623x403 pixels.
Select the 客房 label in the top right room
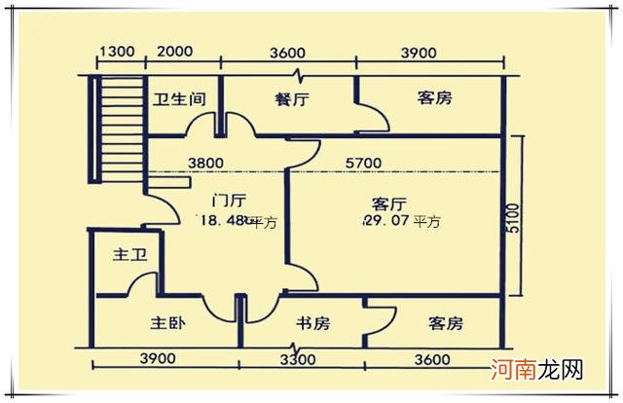pyautogui.click(x=434, y=98)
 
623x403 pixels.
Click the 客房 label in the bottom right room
pyautogui.click(x=444, y=323)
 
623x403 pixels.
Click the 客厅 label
pyautogui.click(x=388, y=203)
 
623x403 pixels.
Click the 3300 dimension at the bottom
pyautogui.click(x=297, y=359)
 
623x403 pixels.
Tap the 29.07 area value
pyautogui.click(x=385, y=222)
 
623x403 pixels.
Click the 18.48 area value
pyautogui.click(x=222, y=221)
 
